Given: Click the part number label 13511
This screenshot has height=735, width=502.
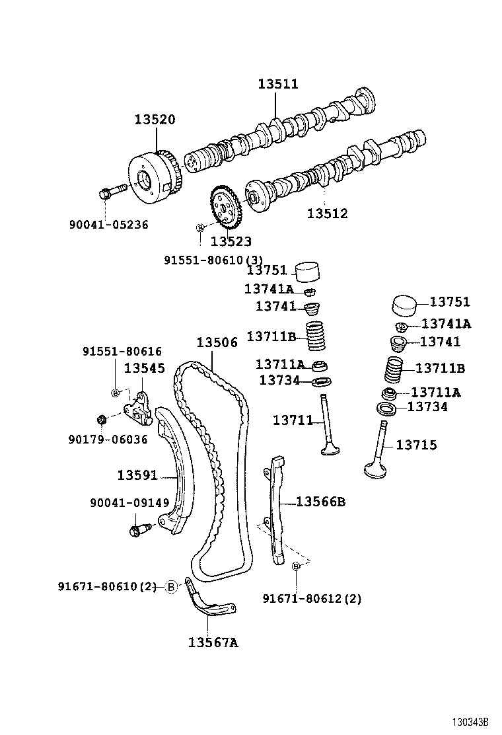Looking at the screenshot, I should pyautogui.click(x=277, y=84).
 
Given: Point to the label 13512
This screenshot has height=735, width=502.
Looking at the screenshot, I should pyautogui.click(x=327, y=213).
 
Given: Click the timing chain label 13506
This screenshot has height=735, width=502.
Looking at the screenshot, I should pyautogui.click(x=217, y=342).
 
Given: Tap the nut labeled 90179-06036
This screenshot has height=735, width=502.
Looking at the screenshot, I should pyautogui.click(x=102, y=419).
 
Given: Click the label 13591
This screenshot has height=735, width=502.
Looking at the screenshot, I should pyautogui.click(x=137, y=475).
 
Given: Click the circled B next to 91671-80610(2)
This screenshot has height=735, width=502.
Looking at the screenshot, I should pyautogui.click(x=171, y=586).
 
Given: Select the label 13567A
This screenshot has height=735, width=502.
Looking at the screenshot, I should pyautogui.click(x=213, y=642).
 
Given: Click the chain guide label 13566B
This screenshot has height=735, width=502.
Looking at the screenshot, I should pyautogui.click(x=320, y=502).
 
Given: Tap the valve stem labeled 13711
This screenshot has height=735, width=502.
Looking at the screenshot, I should pyautogui.click(x=326, y=430).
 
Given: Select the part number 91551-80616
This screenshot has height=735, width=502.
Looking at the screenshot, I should pyautogui.click(x=122, y=352).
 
